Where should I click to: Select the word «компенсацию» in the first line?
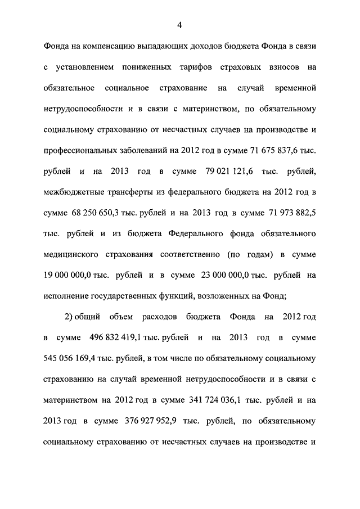[x=99, y=47]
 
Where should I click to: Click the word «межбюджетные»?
[x=74, y=193]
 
